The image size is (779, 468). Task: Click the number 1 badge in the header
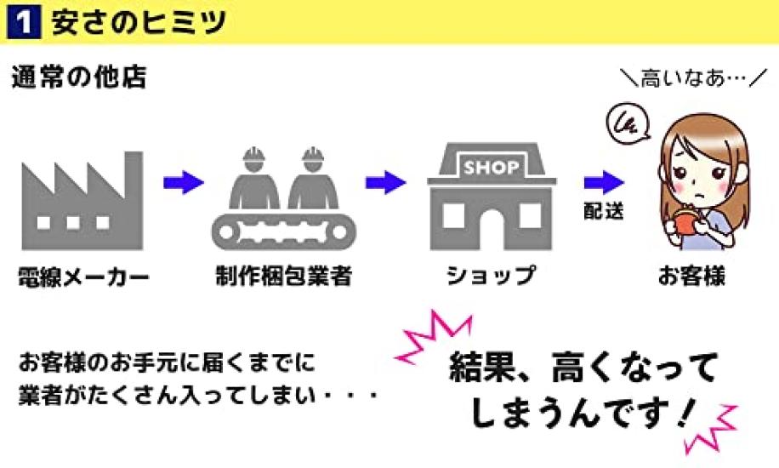tap(23, 22)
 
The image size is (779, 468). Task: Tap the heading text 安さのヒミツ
tap(139, 22)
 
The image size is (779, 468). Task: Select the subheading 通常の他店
tap(79, 77)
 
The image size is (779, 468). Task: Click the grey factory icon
tap(82, 201)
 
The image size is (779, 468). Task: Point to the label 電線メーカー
tap(83, 277)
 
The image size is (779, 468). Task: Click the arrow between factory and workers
tap(184, 183)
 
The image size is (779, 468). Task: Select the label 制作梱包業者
tap(284, 276)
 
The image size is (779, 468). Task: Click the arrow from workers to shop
tap(385, 183)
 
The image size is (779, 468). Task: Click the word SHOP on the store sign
tap(492, 167)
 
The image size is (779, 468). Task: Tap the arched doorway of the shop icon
tap(491, 229)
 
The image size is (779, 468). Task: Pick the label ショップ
tap(491, 276)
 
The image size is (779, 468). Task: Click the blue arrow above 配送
tap(604, 183)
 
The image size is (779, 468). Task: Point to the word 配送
tap(604, 211)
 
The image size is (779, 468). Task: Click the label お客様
tap(691, 276)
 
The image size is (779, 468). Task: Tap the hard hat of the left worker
tap(254, 154)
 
